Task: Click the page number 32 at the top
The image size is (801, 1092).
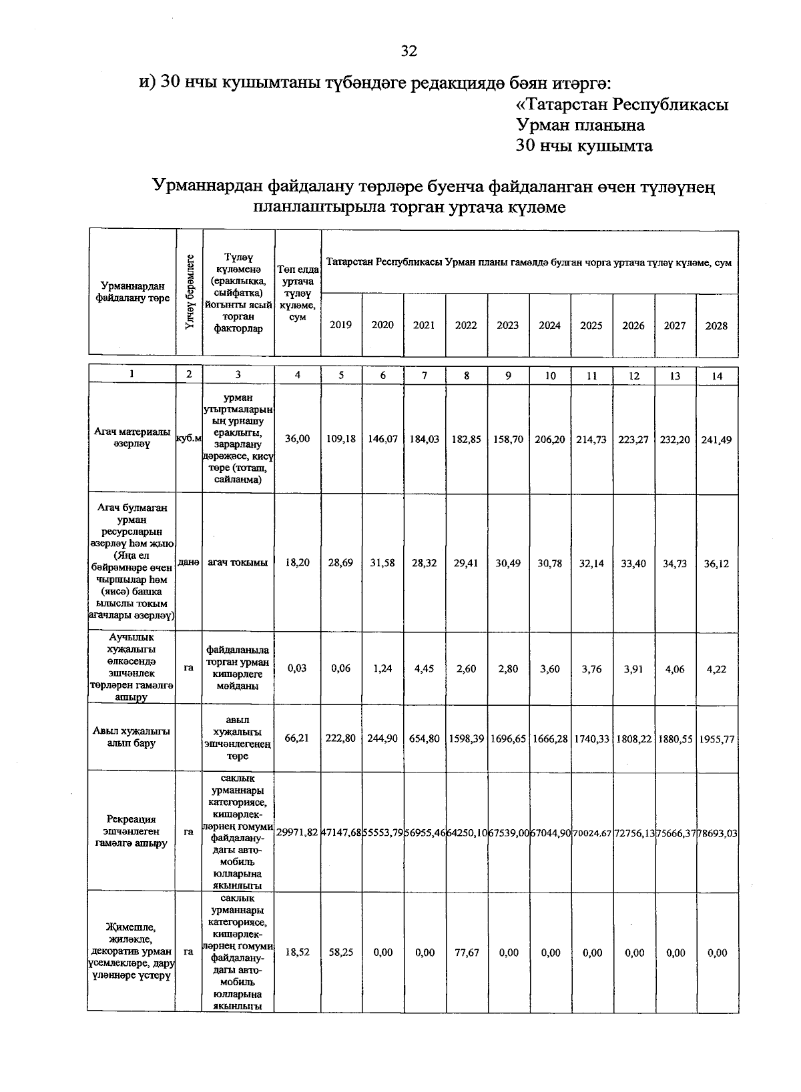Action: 409,51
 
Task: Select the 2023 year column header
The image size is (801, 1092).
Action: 508,326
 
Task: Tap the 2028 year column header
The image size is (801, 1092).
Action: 716,326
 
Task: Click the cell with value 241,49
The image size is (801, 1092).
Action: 716,440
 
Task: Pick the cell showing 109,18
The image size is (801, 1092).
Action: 341,440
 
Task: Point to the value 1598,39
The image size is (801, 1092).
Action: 467,739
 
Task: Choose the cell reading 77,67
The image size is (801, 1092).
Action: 467,953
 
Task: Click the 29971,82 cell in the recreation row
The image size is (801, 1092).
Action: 298,833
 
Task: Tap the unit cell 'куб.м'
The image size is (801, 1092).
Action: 190,439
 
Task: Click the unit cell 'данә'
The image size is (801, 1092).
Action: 190,563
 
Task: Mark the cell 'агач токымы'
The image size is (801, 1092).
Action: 238,563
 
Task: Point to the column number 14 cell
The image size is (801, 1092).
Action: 716,376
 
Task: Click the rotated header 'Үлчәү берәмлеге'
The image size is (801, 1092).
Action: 190,292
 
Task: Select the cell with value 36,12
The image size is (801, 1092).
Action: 716,563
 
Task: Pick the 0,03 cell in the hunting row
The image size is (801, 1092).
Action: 298,668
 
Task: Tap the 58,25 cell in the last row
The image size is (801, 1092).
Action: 341,953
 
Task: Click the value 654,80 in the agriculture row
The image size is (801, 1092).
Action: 425,739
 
